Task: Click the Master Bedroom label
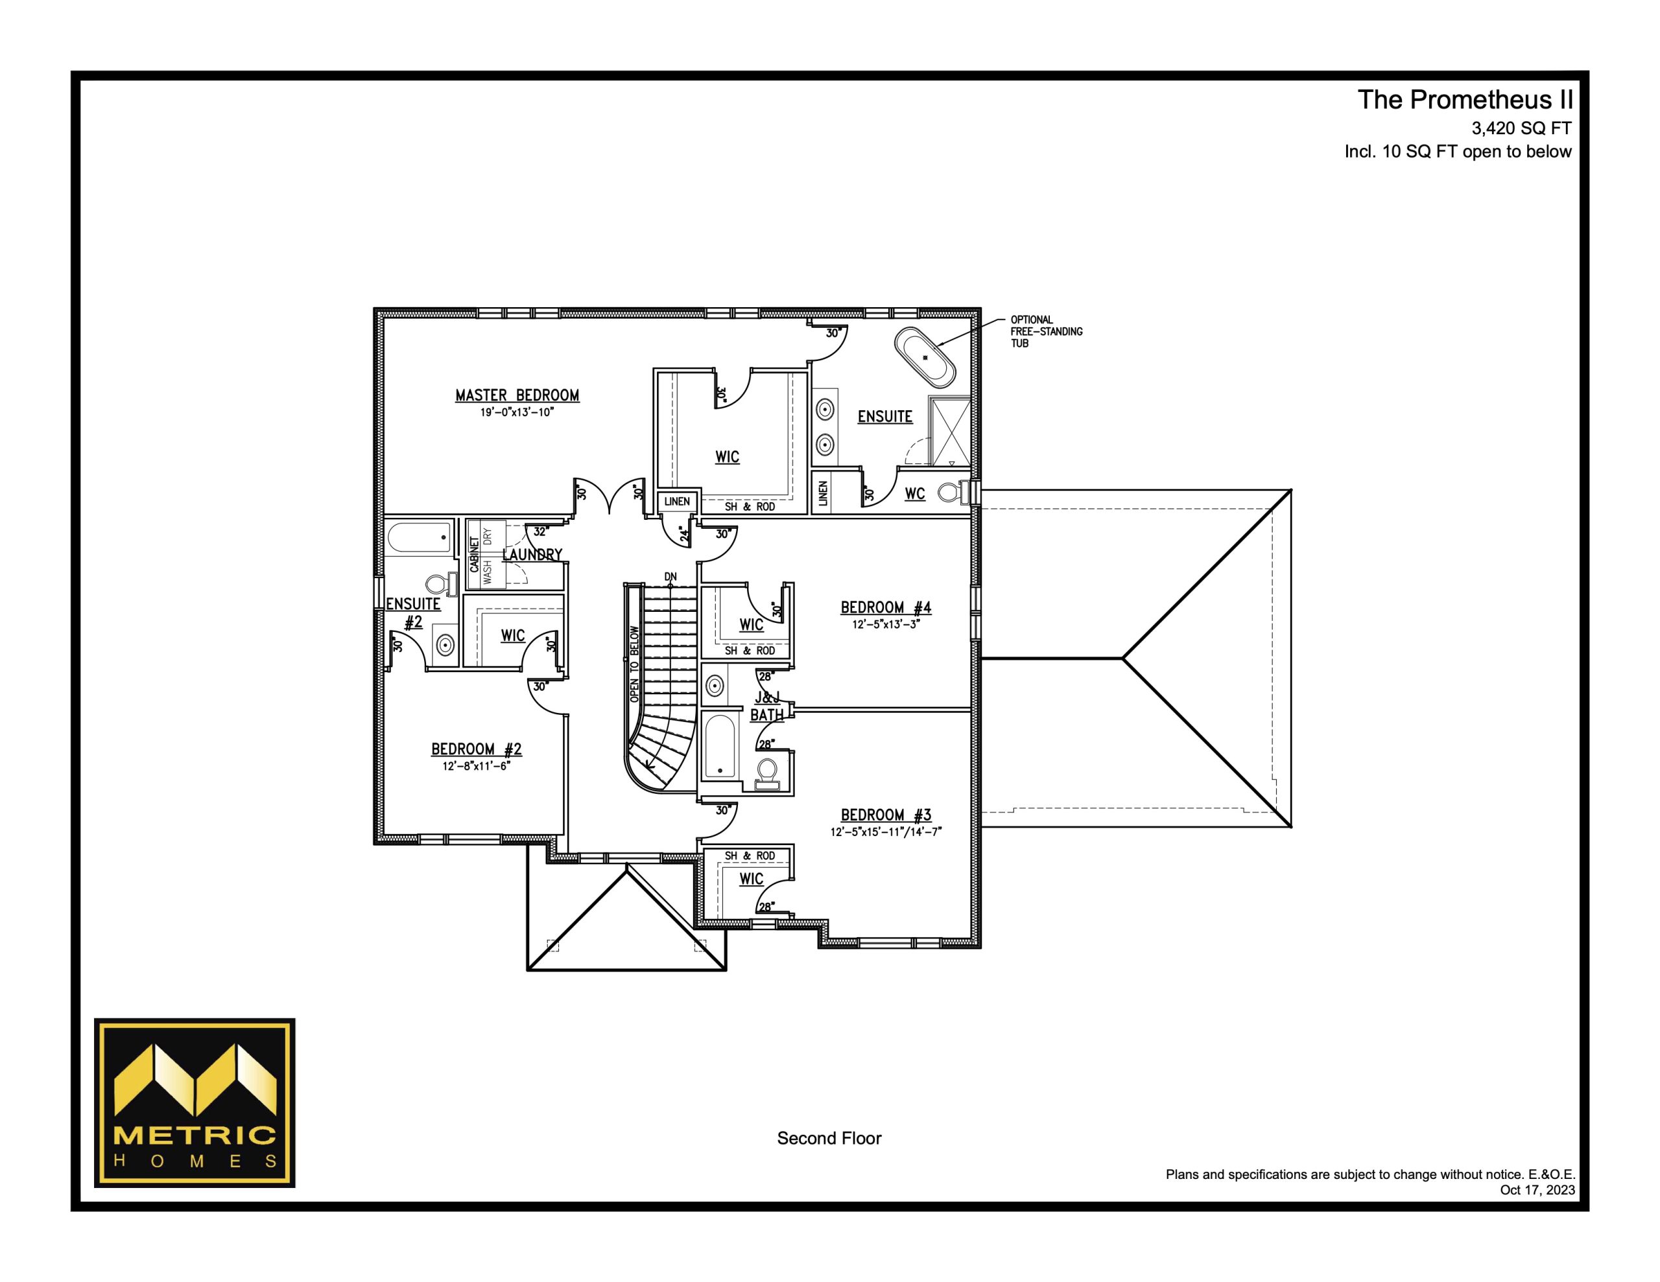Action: coord(517,395)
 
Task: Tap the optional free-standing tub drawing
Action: coord(924,357)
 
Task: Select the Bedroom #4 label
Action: coord(886,607)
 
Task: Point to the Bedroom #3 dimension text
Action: coord(886,832)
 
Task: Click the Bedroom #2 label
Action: coord(477,749)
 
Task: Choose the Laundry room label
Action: coord(532,555)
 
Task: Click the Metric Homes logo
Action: coord(195,1102)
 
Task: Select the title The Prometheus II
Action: coord(1465,100)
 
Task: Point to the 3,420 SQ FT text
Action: coord(1521,128)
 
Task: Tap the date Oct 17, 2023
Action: coord(1537,1189)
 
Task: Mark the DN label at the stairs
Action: coord(670,577)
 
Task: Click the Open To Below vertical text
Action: coord(635,664)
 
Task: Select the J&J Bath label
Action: coord(767,706)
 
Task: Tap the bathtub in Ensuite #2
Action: coord(420,539)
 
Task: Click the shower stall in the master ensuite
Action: coord(951,431)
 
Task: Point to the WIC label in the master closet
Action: coord(728,457)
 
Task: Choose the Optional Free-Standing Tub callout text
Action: coord(1046,331)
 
